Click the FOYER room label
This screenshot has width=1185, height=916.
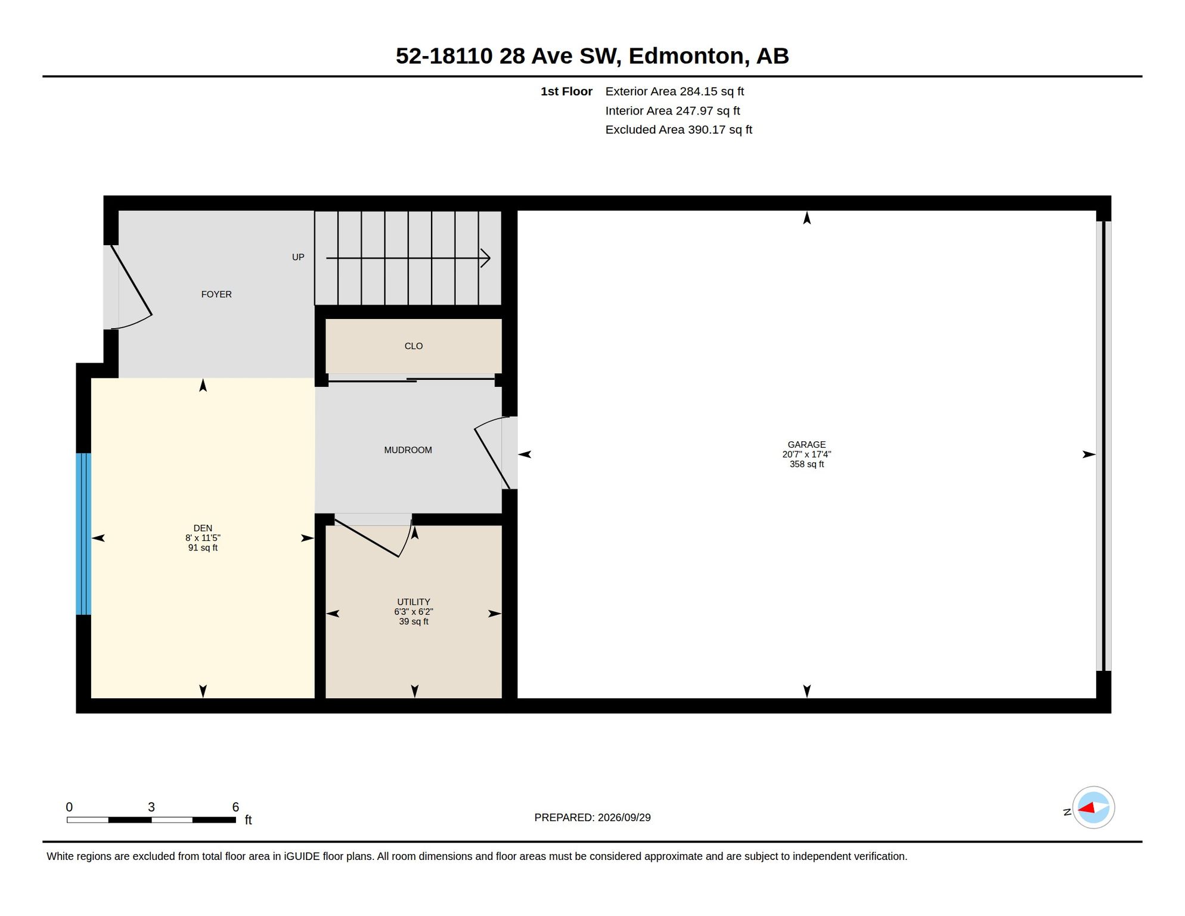coord(216,294)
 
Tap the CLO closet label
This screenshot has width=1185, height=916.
coord(414,346)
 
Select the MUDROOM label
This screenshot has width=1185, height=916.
coord(408,450)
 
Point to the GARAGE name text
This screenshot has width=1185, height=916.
coord(806,444)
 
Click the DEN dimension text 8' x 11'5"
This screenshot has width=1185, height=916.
coord(203,538)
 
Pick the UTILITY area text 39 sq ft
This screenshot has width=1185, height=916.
coord(414,621)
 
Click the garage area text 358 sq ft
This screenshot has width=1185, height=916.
coord(806,464)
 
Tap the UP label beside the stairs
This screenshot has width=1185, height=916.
coord(298,257)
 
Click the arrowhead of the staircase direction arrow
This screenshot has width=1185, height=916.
coord(486,258)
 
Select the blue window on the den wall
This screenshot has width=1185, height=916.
coord(83,534)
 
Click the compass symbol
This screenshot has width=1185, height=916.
coord(1093,807)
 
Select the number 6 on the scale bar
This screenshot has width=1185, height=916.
coord(235,807)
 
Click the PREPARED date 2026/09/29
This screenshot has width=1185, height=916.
coord(624,818)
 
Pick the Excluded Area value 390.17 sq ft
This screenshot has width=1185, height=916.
coord(720,129)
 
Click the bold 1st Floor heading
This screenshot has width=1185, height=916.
coord(566,91)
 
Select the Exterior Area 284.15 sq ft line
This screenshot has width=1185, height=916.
coord(675,91)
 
